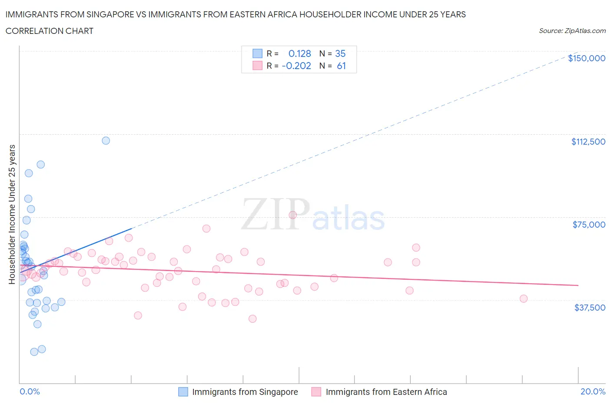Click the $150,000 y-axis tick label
click(x=586, y=58)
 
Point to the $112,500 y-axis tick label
click(x=588, y=142)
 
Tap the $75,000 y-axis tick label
click(x=589, y=225)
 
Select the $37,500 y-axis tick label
click(x=589, y=308)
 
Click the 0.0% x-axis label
click(x=30, y=391)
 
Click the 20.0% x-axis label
click(x=593, y=391)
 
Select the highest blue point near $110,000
click(x=106, y=140)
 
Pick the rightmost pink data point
click(x=524, y=298)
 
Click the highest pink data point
click(x=292, y=215)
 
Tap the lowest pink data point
click(x=252, y=318)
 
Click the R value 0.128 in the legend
click(x=299, y=53)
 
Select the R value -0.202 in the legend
click(x=296, y=66)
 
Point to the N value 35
click(x=340, y=53)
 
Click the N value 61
click(x=341, y=66)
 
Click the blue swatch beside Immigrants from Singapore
click(x=183, y=392)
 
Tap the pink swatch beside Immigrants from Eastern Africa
click(x=316, y=392)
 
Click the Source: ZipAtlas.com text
click(x=572, y=31)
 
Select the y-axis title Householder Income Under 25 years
click(x=12, y=214)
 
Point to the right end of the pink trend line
click(x=578, y=285)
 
